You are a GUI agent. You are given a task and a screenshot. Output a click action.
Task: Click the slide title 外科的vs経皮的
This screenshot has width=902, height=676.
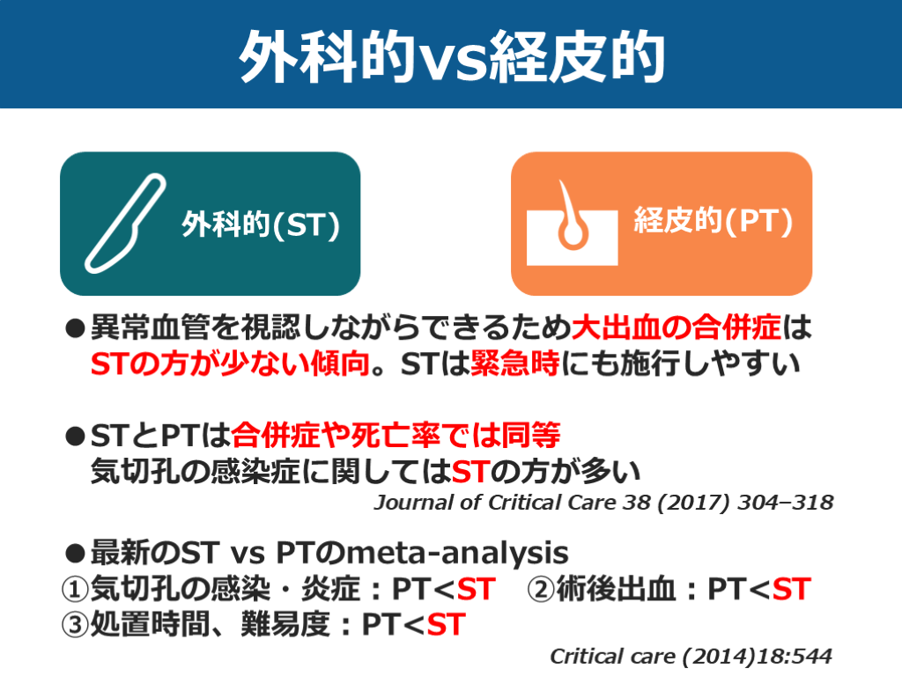pyautogui.click(x=451, y=55)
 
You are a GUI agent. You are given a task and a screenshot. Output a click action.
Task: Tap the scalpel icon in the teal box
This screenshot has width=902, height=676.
pyautogui.click(x=126, y=223)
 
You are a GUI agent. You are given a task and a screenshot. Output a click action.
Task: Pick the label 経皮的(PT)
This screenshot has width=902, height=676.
pyautogui.click(x=713, y=222)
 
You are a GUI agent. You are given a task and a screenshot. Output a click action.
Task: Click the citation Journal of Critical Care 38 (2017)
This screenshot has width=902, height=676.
pyautogui.click(x=603, y=503)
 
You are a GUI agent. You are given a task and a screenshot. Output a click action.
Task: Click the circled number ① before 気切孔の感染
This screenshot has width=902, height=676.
pyautogui.click(x=76, y=588)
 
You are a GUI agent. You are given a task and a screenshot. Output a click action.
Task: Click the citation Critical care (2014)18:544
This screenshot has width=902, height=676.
pyautogui.click(x=691, y=657)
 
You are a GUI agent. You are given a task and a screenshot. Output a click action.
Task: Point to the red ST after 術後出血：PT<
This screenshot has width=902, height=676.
pyautogui.click(x=790, y=588)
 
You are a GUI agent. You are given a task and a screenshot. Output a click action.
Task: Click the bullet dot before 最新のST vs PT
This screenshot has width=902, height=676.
pyautogui.click(x=75, y=554)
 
